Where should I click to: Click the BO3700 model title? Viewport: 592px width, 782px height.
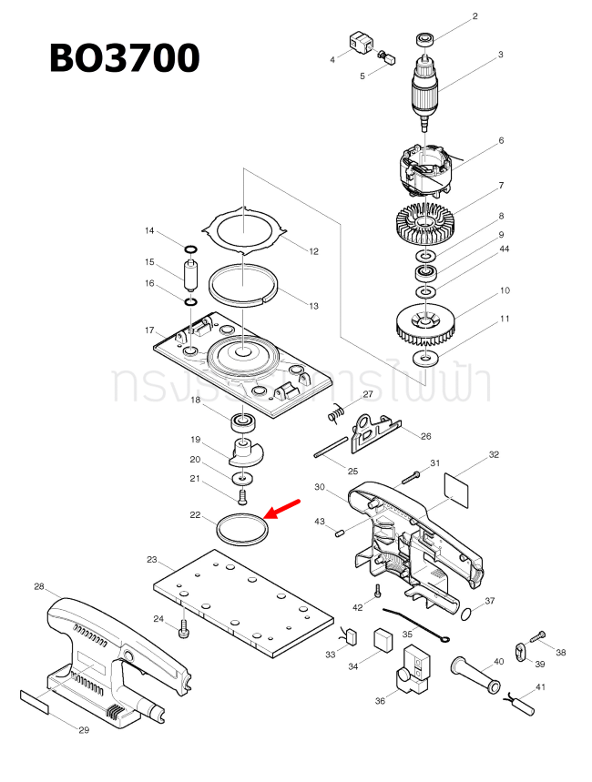[124, 58]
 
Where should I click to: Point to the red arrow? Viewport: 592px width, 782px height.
[282, 509]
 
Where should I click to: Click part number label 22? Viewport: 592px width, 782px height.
[195, 515]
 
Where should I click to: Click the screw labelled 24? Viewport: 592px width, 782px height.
[185, 628]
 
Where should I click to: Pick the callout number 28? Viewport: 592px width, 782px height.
[39, 586]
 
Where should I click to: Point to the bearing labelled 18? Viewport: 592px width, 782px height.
[241, 421]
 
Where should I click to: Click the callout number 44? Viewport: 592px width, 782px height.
[504, 249]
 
